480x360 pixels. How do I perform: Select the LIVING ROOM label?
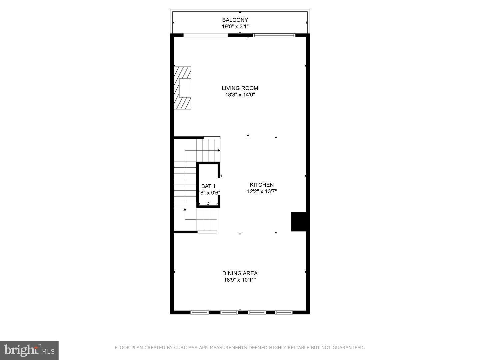click(240, 88)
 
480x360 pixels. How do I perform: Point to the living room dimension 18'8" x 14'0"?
click(240, 95)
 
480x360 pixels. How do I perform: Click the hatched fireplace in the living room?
click(182, 88)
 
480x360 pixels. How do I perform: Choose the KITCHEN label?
click(262, 185)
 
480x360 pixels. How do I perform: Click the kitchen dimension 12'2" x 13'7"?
click(262, 191)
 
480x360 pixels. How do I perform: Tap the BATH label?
click(208, 186)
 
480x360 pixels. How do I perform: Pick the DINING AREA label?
click(240, 273)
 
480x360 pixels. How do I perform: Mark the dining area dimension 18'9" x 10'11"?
click(240, 280)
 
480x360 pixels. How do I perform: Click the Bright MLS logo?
click(29, 350)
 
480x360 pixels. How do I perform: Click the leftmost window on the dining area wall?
click(199, 312)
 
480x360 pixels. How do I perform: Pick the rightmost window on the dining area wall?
click(284, 312)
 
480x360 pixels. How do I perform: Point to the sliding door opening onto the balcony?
click(206, 35)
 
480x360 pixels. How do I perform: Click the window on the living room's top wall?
click(274, 35)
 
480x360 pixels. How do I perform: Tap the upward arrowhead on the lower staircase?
click(185, 209)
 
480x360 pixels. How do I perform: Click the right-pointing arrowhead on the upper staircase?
click(219, 151)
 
